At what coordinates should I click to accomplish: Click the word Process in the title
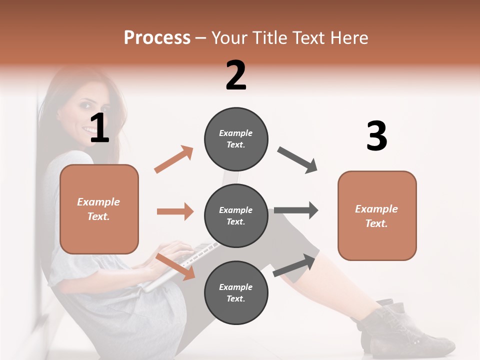pyautogui.click(x=157, y=38)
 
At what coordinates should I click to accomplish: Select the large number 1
pyautogui.click(x=99, y=128)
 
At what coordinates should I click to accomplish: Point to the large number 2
pyautogui.click(x=236, y=75)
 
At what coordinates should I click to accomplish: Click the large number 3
pyautogui.click(x=376, y=136)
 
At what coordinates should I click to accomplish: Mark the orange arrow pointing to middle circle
pyautogui.click(x=175, y=211)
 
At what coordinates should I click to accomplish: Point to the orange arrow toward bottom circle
pyautogui.click(x=175, y=266)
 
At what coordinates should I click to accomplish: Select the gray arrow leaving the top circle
pyautogui.click(x=297, y=160)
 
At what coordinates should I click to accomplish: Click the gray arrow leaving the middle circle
pyautogui.click(x=296, y=210)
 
